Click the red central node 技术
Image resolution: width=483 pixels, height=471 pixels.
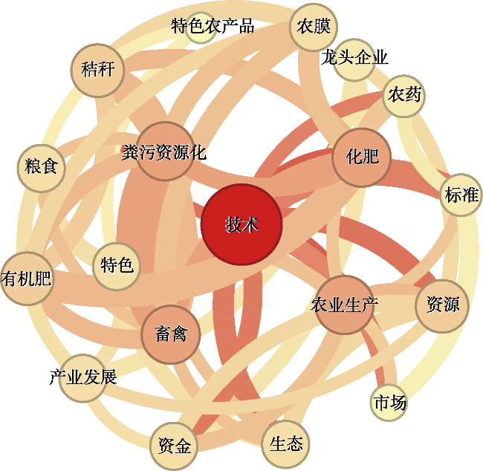coord(241,224)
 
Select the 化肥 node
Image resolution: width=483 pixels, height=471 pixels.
coord(362,157)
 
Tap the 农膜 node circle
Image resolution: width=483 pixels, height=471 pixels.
coord(314,27)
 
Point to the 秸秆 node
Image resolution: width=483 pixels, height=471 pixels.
coord(97,71)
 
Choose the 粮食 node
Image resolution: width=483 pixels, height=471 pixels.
coord(42,168)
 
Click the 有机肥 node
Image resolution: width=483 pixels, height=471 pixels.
coord(27,279)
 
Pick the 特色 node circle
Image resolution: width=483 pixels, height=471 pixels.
coord(117,266)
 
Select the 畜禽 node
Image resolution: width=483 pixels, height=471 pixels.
coord(171,334)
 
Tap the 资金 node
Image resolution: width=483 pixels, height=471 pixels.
coord(174,446)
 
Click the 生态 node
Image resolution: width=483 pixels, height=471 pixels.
coord(285,444)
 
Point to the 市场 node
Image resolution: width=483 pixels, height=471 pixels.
coord(389,403)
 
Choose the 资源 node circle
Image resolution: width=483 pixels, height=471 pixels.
coord(442,306)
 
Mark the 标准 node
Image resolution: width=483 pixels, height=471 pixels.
coord(461,195)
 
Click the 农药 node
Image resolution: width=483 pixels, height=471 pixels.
coord(403,96)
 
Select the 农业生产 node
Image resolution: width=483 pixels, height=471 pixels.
coord(345,305)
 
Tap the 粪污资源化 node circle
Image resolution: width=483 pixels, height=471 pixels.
coord(165,151)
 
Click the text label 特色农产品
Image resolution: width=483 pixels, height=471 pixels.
coord(213,26)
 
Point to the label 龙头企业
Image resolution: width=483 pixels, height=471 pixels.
coord(354,57)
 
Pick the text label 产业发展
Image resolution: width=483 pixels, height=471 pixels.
coord(83,377)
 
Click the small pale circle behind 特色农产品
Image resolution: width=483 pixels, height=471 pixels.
coord(201,27)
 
